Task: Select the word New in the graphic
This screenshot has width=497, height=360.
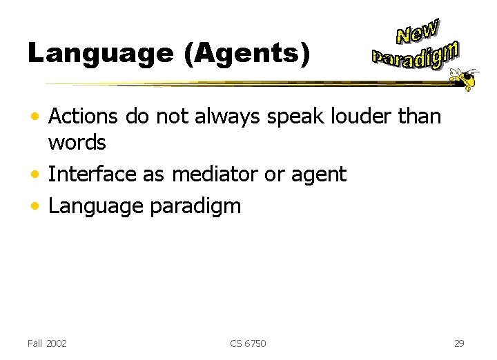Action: [x=417, y=31]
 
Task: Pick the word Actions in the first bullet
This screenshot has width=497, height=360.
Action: [x=84, y=117]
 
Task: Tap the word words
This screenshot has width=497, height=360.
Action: [x=77, y=143]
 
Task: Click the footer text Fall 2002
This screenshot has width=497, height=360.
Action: [x=47, y=343]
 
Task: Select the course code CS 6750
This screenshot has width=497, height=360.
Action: [x=248, y=343]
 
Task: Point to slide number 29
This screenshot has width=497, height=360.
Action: [x=460, y=343]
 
